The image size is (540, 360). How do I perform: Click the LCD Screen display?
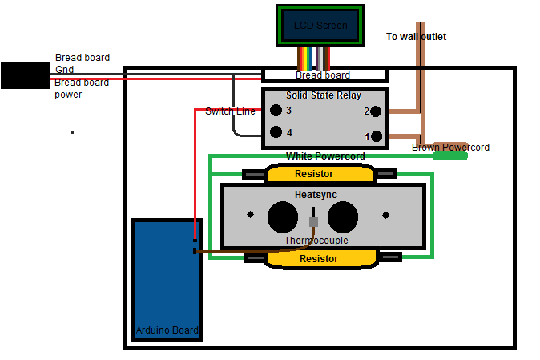point(320,26)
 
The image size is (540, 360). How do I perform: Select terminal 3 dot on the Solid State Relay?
point(276,111)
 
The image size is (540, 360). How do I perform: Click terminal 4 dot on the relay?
point(276,132)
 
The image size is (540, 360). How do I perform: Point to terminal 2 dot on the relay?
point(377,111)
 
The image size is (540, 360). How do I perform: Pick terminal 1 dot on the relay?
point(377,136)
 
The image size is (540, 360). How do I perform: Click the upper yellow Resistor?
point(320,173)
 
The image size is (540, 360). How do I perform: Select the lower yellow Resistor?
point(320,258)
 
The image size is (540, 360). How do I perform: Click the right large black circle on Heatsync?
point(342,216)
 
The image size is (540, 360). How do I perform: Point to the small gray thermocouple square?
point(313,221)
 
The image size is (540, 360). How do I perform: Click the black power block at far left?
point(25,75)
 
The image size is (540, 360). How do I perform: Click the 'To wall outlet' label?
point(416,37)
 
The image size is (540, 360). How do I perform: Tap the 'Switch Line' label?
point(230,111)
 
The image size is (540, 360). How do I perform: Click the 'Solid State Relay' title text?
point(324,95)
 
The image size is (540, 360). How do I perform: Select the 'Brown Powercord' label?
point(450,148)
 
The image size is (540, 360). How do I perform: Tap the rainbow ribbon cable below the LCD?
point(313,57)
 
